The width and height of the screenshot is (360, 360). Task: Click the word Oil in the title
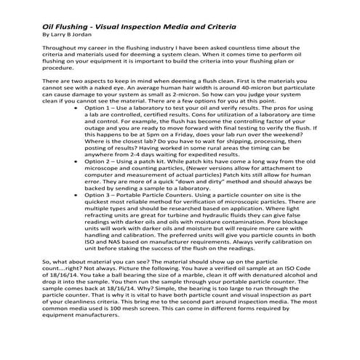(x=49, y=24)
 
